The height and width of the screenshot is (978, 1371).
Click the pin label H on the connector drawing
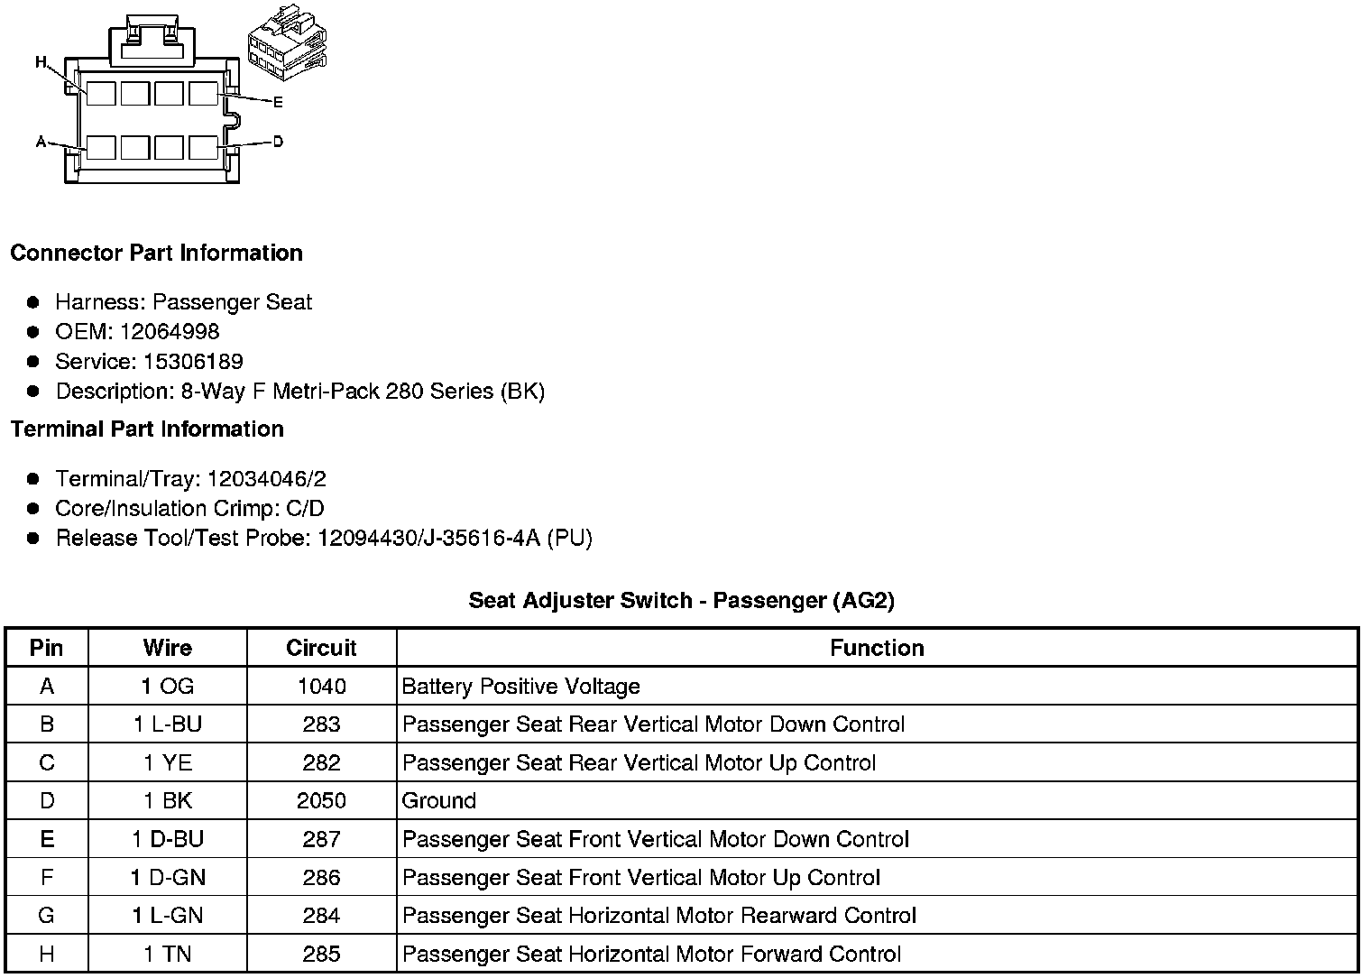tap(41, 62)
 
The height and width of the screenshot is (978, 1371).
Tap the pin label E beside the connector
tap(278, 103)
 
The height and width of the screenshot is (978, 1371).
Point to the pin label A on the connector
tap(41, 142)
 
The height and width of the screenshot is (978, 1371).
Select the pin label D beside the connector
tap(278, 142)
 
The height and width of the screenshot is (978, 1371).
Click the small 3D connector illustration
tap(287, 49)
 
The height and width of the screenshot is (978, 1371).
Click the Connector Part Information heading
tap(156, 253)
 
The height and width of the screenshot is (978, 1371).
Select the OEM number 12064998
tap(170, 332)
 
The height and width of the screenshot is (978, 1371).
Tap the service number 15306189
tap(193, 362)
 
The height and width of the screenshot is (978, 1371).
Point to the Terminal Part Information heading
tap(147, 429)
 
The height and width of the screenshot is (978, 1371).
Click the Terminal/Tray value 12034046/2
tap(266, 479)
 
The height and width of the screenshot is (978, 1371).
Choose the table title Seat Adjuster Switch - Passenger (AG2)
tap(681, 601)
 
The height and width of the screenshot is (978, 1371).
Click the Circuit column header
tap(321, 648)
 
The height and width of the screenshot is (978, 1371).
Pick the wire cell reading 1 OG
tap(168, 687)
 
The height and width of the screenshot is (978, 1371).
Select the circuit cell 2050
tap(321, 800)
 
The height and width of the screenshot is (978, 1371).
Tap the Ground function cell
tap(439, 800)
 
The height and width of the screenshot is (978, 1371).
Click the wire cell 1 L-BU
tap(168, 724)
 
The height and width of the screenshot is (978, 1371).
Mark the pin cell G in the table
tap(47, 916)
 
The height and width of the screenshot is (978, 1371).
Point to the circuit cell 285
tap(321, 954)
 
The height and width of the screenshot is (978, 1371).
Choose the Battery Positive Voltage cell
tap(520, 687)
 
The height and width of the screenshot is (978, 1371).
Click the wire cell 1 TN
tap(168, 954)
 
